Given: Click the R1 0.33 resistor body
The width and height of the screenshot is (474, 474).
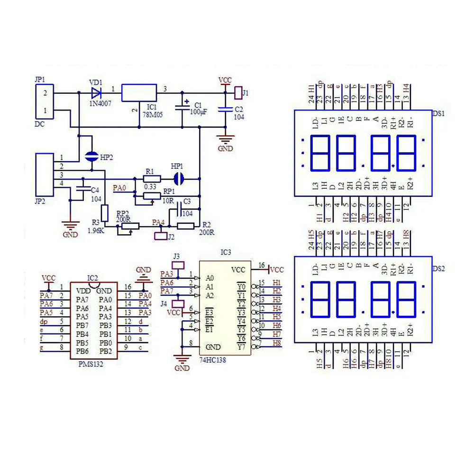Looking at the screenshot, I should pyautogui.click(x=152, y=179).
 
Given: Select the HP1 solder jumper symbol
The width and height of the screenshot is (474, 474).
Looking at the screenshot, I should pyautogui.click(x=179, y=179).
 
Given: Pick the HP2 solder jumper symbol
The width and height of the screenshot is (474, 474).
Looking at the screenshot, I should pyautogui.click(x=91, y=156).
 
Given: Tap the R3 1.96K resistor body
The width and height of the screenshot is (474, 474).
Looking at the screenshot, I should pyautogui.click(x=105, y=211).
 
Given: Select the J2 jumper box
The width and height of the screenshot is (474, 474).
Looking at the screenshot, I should pyautogui.click(x=161, y=235).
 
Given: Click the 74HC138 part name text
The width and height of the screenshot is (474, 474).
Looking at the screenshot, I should pyautogui.click(x=214, y=361).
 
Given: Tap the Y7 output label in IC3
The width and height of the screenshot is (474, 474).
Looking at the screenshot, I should pyautogui.click(x=241, y=347).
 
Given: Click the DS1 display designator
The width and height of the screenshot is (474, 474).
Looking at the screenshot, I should pyautogui.click(x=439, y=113).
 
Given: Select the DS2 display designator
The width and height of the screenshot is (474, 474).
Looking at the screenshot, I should pyautogui.click(x=439, y=268).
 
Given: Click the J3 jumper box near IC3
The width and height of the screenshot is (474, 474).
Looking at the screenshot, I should pyautogui.click(x=178, y=265).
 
